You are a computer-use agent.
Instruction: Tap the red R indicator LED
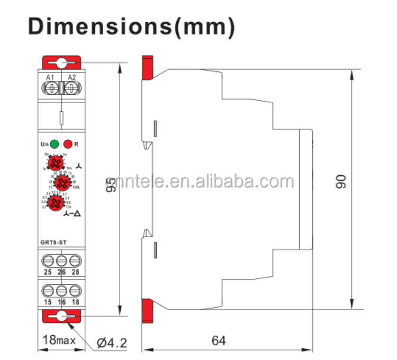point(67,143)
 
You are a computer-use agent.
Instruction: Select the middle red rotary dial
point(62,183)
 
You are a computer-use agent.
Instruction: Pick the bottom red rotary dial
point(53,203)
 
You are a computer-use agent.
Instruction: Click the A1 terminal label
point(50,78)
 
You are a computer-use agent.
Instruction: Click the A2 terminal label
point(71,78)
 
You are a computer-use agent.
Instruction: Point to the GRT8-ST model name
point(53,243)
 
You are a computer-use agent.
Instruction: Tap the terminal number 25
point(48,272)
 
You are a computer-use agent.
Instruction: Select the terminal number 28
point(76,272)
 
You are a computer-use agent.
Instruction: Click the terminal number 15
point(48,301)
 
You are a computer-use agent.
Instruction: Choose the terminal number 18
point(76,301)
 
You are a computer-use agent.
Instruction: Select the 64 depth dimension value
point(218,340)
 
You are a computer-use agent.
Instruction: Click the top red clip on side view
point(146,67)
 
